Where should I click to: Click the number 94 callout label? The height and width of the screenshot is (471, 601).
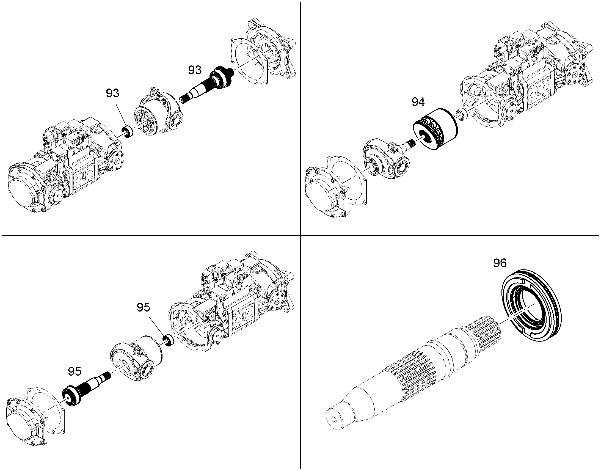click(x=418, y=102)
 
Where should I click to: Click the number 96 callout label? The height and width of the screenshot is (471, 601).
click(x=500, y=263)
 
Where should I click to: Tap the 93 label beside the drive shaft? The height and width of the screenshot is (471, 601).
click(x=195, y=70)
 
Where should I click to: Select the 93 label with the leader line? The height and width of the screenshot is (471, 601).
click(x=113, y=93)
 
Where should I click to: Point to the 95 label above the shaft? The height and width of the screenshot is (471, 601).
click(x=75, y=371)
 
